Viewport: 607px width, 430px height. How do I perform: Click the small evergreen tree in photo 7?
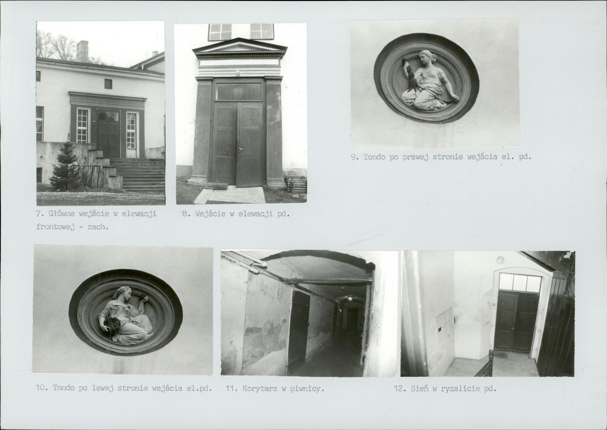click(66, 164)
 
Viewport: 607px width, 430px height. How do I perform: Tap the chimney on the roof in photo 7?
click(82, 51)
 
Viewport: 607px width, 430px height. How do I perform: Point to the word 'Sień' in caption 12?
click(419, 388)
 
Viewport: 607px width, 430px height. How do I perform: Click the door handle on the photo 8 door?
click(240, 149)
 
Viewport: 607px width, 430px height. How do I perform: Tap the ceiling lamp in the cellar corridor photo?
click(349, 298)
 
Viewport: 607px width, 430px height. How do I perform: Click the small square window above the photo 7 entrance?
click(108, 84)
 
